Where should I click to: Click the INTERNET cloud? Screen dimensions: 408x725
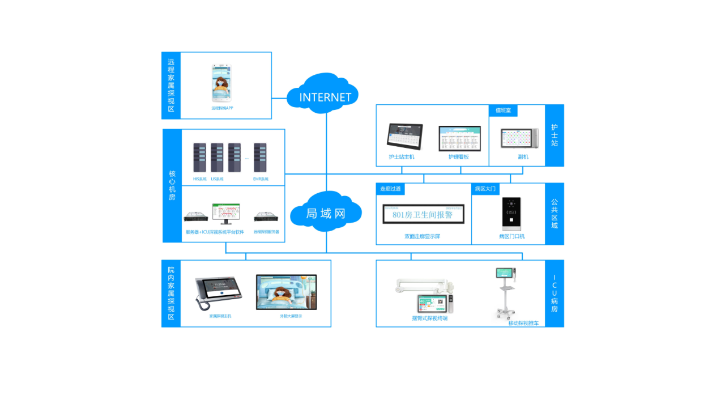click(x=325, y=96)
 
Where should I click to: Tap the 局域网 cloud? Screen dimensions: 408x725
click(x=326, y=213)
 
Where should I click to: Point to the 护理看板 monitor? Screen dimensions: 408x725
click(x=459, y=138)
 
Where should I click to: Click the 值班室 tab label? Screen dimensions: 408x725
click(x=503, y=110)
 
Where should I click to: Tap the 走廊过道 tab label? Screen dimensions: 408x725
click(x=390, y=189)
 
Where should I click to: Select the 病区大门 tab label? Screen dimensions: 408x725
click(x=485, y=189)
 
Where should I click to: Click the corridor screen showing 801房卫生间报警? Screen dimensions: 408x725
click(x=423, y=214)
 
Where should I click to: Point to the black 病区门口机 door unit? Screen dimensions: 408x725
click(x=511, y=214)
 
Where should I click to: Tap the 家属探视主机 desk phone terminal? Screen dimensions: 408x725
click(x=218, y=292)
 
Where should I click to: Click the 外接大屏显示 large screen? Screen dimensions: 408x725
click(x=286, y=292)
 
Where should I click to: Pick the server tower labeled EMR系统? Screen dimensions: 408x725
click(x=261, y=158)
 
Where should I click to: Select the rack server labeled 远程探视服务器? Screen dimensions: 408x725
click(x=266, y=216)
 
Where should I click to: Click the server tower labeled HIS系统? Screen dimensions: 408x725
click(x=200, y=158)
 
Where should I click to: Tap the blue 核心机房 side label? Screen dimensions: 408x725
click(x=172, y=186)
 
